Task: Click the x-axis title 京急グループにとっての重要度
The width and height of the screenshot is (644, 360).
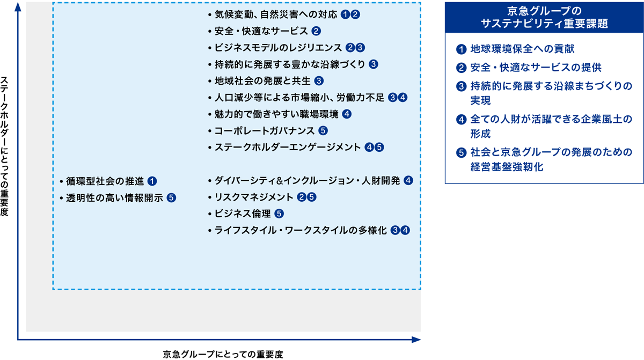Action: tap(223, 354)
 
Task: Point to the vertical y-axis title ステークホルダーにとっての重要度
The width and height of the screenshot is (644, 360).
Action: tap(4, 146)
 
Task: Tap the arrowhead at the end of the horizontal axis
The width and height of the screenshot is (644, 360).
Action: tap(416, 340)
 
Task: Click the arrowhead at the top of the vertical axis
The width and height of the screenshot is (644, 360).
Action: tap(18, 7)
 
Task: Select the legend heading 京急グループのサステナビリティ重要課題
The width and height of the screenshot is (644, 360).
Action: tap(544, 17)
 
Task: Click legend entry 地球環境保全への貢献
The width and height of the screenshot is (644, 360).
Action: tap(522, 49)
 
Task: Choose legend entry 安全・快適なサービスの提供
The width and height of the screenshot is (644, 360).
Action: tap(536, 68)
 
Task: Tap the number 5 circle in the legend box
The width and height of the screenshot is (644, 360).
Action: tap(461, 152)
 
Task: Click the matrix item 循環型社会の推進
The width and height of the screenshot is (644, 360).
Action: tap(105, 181)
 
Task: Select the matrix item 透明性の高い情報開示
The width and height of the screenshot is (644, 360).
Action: tap(114, 198)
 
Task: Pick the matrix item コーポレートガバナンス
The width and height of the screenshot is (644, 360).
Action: tap(265, 131)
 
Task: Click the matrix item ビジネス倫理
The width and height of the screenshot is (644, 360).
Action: tap(243, 214)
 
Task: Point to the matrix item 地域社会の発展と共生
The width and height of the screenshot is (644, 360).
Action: tap(262, 81)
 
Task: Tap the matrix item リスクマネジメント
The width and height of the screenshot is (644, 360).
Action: tap(254, 197)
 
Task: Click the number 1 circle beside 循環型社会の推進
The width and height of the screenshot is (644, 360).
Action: tap(152, 181)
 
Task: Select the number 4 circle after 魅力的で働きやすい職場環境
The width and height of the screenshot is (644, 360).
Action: tap(347, 114)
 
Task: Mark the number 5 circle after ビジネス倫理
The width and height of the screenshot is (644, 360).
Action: tap(279, 214)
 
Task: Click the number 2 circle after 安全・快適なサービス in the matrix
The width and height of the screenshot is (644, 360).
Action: tap(316, 31)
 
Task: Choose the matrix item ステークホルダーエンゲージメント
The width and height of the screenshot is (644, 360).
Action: tap(288, 148)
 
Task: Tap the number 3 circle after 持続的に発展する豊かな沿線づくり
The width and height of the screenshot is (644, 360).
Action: tap(373, 64)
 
